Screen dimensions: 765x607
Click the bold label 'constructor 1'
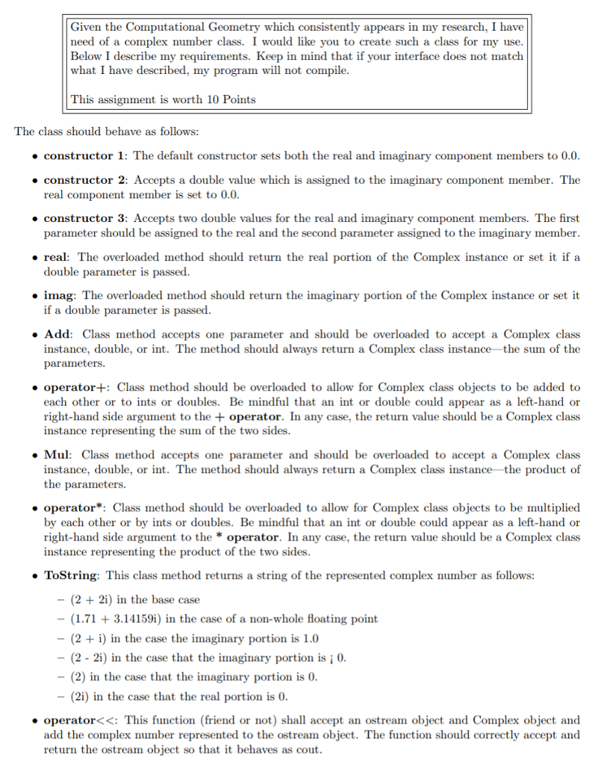(85, 156)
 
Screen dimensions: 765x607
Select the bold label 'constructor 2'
(85, 180)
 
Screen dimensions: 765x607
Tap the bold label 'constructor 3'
(85, 218)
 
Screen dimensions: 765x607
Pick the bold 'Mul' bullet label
(58, 454)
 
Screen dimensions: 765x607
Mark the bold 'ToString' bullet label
(72, 575)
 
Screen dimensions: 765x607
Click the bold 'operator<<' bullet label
(81, 720)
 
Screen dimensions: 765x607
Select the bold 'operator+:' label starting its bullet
(77, 387)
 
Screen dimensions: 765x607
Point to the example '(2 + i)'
(89, 638)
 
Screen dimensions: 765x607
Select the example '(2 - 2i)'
(91, 657)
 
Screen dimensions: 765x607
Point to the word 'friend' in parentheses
(230, 720)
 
